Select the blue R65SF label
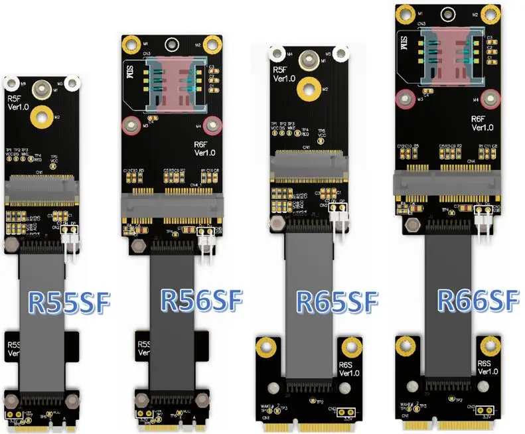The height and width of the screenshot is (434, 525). coord(337,303)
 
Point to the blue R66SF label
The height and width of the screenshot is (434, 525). coord(477,301)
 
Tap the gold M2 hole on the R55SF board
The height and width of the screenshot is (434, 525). coord(41,117)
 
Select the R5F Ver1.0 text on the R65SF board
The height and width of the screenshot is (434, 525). coord(281,72)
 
